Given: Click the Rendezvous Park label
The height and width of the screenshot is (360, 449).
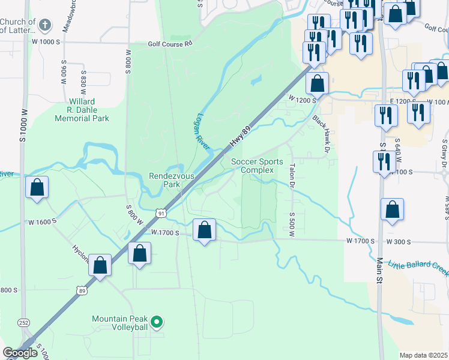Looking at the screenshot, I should (165, 180).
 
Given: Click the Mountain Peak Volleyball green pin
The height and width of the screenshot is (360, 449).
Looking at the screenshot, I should (157, 323).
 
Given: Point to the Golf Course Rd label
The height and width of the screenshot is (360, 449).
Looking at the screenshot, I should (171, 44).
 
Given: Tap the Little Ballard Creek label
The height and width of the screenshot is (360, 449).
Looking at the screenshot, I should (418, 266).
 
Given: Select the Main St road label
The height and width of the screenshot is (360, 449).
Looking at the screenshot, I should (379, 261).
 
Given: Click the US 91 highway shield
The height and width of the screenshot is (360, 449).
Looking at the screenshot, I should (160, 212).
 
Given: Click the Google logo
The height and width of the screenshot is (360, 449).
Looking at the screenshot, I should (20, 353).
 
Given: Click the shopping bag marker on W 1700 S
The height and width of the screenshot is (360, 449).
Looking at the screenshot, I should (205, 230).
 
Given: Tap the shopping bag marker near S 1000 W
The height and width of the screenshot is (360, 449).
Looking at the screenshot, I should (37, 188).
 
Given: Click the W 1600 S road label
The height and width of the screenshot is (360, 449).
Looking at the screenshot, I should (42, 221).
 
